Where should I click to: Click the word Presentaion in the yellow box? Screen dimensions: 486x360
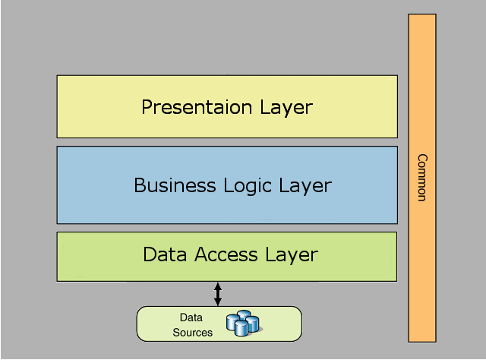point(197,107)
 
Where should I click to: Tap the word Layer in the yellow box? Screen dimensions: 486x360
point(286,108)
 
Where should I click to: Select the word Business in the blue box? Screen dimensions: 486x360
point(175,185)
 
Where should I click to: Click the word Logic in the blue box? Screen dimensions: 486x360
point(248,186)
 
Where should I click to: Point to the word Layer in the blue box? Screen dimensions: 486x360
point(305,186)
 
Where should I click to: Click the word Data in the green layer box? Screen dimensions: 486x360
point(165,254)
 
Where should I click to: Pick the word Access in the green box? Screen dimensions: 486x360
point(226,254)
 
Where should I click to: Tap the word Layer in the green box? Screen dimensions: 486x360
point(292,255)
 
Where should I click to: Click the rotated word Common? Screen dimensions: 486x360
point(422,178)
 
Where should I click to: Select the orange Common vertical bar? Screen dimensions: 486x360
point(422,178)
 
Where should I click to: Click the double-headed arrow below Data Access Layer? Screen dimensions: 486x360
point(218,294)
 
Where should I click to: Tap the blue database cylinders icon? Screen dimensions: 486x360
point(244,323)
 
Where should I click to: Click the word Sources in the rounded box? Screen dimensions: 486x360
point(192,333)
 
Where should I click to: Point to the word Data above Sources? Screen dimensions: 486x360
point(191,317)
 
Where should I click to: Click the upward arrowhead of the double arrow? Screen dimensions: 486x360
point(218,286)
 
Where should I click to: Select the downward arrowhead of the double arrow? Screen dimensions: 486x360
point(218,302)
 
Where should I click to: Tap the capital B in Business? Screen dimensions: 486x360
point(140,185)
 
